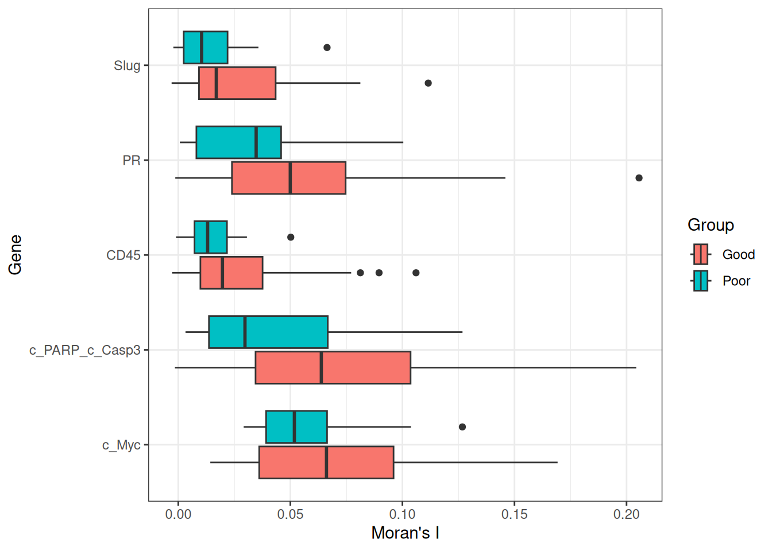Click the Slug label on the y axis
(127, 65)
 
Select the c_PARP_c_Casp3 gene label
(84, 350)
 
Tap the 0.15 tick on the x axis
(514, 514)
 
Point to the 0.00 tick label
(178, 514)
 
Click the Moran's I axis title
(405, 533)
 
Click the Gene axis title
(16, 255)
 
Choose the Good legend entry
(738, 254)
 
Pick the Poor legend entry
(736, 281)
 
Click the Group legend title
(711, 225)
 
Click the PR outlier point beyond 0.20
(639, 178)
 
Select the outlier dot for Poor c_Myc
(462, 427)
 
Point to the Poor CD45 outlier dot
(291, 237)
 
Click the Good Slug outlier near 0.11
(428, 83)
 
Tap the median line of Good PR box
(290, 178)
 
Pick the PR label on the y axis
(132, 160)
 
